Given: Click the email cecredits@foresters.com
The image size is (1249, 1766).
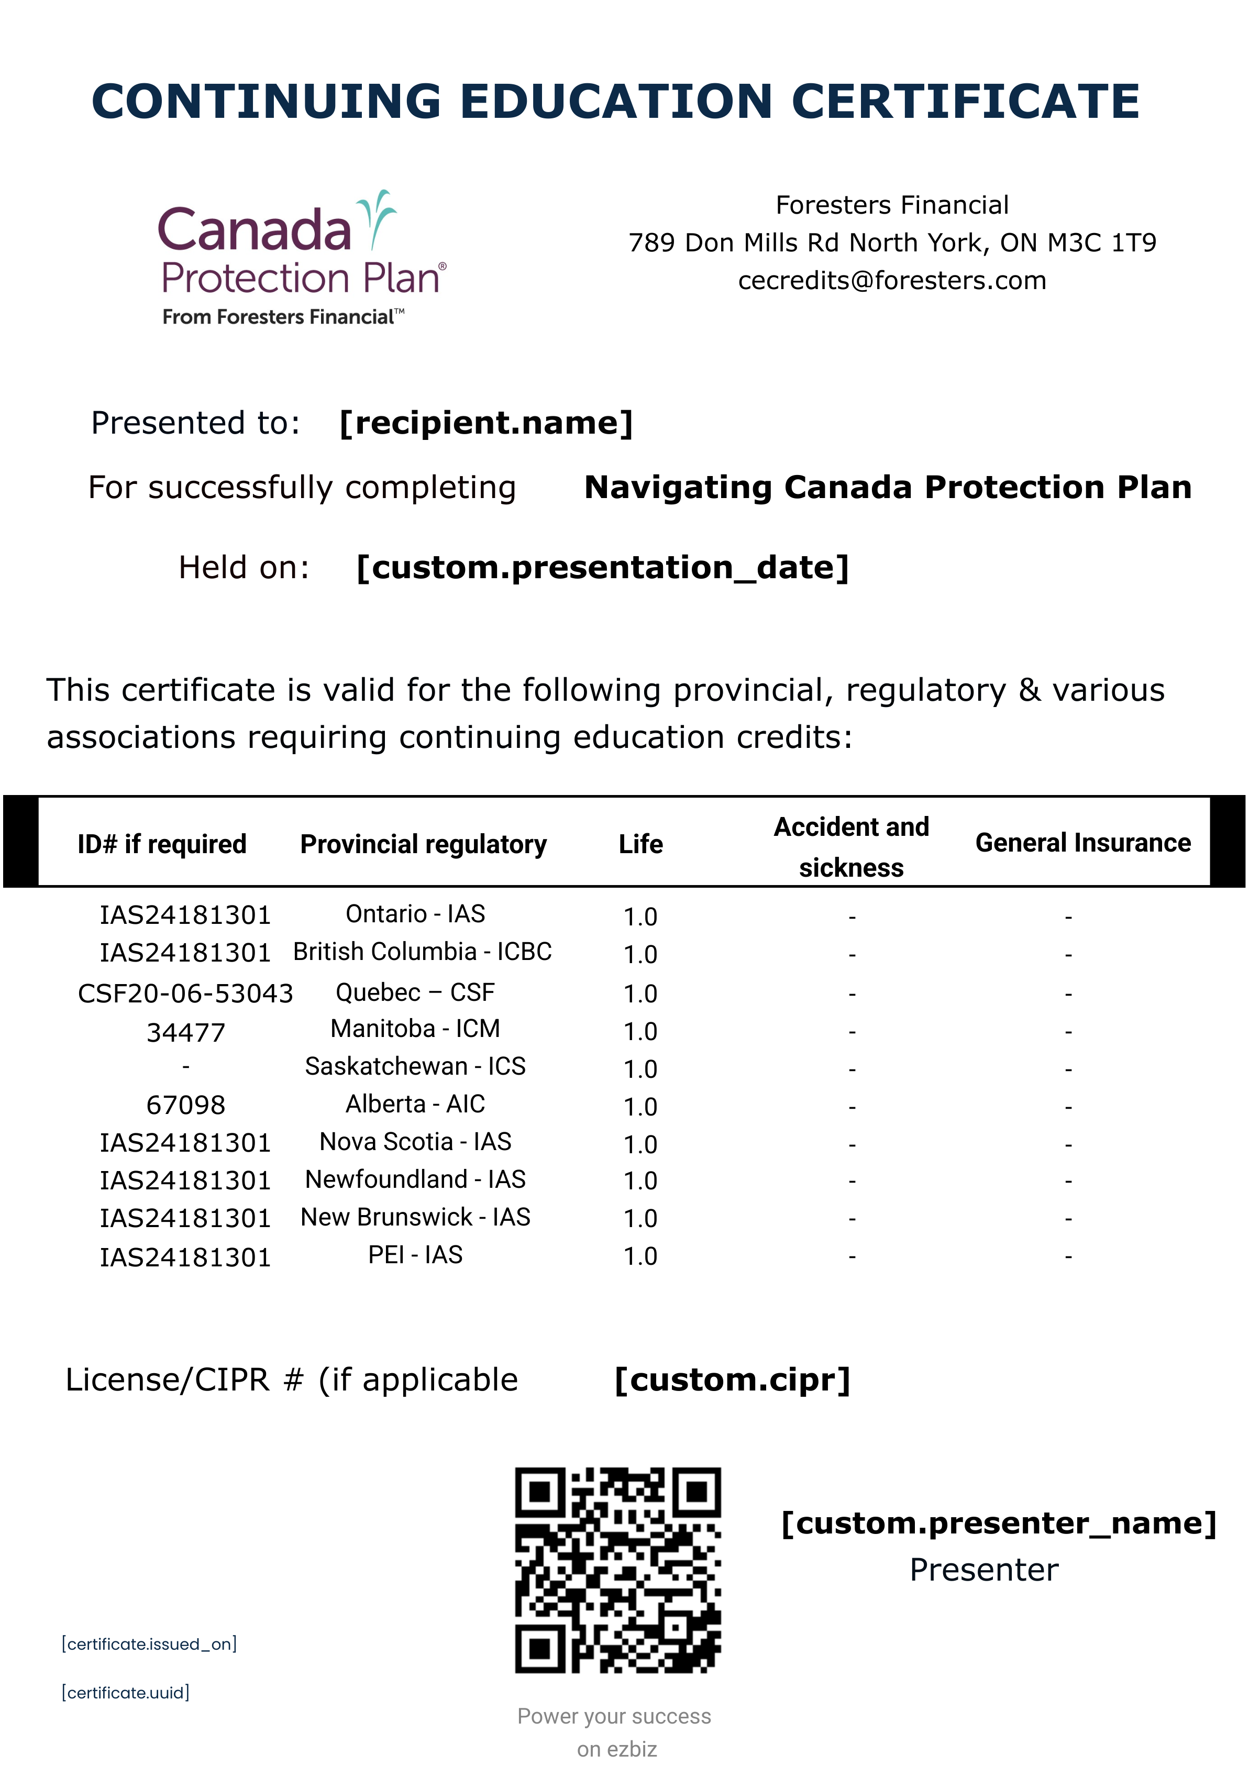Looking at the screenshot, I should tap(892, 281).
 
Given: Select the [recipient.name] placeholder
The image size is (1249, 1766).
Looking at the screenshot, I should tap(486, 423).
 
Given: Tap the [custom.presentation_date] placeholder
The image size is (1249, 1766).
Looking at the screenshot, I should tap(603, 568).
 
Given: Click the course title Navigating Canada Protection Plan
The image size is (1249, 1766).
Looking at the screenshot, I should tap(888, 488).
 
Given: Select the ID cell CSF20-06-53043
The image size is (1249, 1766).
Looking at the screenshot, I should tap(185, 994).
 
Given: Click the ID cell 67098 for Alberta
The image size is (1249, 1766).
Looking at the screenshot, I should tap(185, 1105).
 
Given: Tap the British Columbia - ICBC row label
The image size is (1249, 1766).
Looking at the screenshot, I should tap(422, 952).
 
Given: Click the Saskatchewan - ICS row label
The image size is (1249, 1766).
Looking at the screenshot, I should tap(415, 1067).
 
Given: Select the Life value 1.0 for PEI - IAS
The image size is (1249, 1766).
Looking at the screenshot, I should tap(640, 1257).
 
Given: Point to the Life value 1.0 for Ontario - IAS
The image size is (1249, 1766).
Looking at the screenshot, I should tap(640, 917).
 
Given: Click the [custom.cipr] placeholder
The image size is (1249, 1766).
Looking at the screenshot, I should tap(732, 1380).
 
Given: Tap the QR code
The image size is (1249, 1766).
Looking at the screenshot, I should tap(617, 1570).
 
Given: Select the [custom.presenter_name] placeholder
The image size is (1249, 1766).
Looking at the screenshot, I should tap(998, 1524).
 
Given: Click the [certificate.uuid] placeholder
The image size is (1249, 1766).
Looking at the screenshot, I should tap(125, 1692).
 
